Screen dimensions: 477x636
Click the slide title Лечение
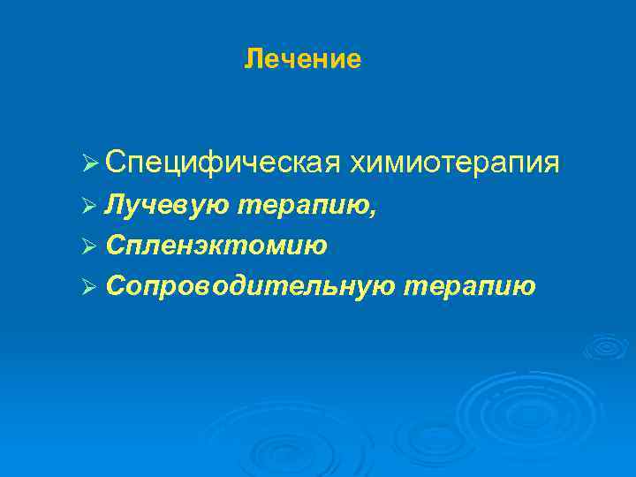click(303, 59)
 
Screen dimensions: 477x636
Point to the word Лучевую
click(167, 205)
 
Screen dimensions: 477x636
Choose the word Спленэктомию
click(216, 246)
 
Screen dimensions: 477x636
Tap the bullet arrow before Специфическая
click(87, 163)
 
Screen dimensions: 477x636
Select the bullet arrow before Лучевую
click(87, 205)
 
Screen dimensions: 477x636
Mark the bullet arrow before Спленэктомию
click(87, 246)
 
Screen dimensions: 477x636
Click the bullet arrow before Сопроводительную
click(87, 286)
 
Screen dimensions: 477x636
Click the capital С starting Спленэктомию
click(113, 246)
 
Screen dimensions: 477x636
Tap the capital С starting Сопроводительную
click(113, 286)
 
